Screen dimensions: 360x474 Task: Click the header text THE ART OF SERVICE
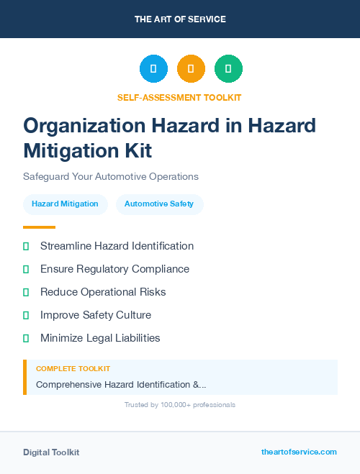pos(180,19)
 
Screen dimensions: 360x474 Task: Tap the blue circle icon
pos(153,69)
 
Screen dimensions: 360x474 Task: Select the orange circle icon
pos(191,69)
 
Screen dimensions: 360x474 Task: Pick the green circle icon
pos(228,69)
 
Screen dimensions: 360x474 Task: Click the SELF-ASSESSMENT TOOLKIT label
pos(179,97)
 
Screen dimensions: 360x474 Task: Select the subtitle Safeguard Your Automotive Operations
pos(110,176)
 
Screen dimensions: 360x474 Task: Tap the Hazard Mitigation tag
pos(65,204)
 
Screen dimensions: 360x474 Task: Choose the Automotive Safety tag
pos(159,204)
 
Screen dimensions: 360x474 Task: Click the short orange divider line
pos(39,227)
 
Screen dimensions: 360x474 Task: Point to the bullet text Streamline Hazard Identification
pos(117,246)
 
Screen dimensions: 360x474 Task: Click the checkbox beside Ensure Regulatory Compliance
pos(26,269)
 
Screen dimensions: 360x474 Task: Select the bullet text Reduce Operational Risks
pos(103,292)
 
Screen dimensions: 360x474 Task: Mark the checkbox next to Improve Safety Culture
pos(26,315)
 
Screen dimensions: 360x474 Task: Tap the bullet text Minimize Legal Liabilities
pos(100,338)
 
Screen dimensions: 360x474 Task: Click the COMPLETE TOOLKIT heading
pos(73,369)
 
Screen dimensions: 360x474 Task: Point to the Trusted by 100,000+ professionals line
pos(180,405)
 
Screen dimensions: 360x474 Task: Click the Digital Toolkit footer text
pos(51,452)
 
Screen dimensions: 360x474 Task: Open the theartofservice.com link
pos(299,452)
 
